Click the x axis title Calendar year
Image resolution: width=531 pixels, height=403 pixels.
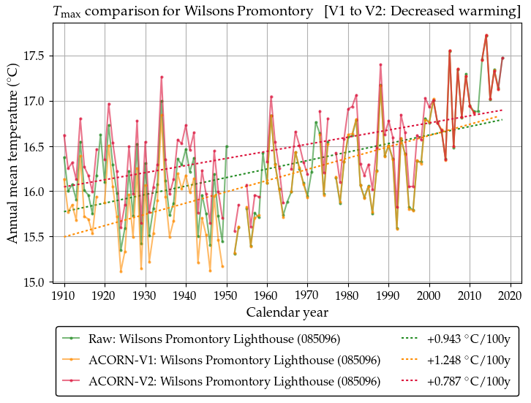(x=287, y=312)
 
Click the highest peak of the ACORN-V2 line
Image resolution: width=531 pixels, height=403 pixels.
(x=486, y=35)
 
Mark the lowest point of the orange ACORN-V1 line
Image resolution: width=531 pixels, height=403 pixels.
(x=121, y=272)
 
